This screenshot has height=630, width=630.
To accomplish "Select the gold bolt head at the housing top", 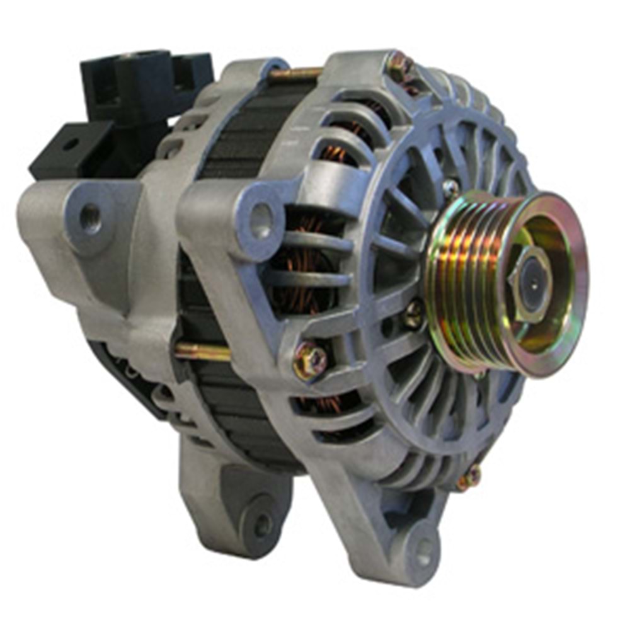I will click(x=398, y=65).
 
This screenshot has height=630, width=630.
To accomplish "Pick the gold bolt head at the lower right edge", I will click(x=470, y=477).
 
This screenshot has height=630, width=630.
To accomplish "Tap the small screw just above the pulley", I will click(x=450, y=187).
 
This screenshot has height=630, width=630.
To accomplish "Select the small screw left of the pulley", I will click(x=414, y=312).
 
